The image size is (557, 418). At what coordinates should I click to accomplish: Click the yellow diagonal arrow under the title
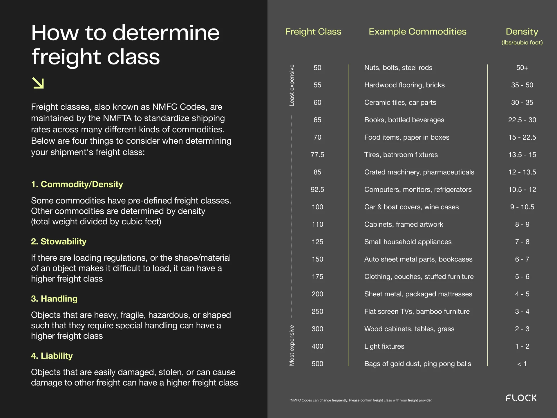pyautogui.click(x=38, y=83)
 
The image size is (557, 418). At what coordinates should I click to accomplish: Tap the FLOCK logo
pyautogui.click(x=521, y=398)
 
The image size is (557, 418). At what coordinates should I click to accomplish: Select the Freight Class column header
pyautogui.click(x=313, y=32)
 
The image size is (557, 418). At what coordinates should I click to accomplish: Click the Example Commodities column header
pyautogui.click(x=417, y=32)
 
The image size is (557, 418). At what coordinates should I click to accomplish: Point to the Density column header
pyautogui.click(x=522, y=32)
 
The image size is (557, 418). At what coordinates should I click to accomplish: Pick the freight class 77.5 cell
pyautogui.click(x=317, y=155)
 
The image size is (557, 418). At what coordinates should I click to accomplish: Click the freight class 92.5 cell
pyautogui.click(x=317, y=190)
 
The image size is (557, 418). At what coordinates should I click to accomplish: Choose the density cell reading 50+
pyautogui.click(x=522, y=68)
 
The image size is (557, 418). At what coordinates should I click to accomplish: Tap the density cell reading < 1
pyautogui.click(x=522, y=364)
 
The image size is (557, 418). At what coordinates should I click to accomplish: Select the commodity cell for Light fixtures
pyautogui.click(x=384, y=346)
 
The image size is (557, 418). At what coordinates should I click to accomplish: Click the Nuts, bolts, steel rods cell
pyautogui.click(x=398, y=68)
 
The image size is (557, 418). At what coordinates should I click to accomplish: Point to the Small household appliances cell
pyautogui.click(x=408, y=242)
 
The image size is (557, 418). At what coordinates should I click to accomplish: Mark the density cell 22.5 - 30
pyautogui.click(x=522, y=120)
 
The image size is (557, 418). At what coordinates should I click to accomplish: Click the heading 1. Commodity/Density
pyautogui.click(x=77, y=184)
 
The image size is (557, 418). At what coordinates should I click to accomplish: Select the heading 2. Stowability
pyautogui.click(x=59, y=242)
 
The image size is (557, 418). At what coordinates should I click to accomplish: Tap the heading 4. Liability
pyautogui.click(x=52, y=356)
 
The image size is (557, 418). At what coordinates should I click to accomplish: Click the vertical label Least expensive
pyautogui.click(x=292, y=85)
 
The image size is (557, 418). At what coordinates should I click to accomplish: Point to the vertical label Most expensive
pyautogui.click(x=292, y=345)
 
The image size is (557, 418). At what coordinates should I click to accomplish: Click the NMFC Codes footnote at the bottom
pyautogui.click(x=361, y=400)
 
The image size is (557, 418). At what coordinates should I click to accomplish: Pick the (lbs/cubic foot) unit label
pyautogui.click(x=522, y=43)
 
